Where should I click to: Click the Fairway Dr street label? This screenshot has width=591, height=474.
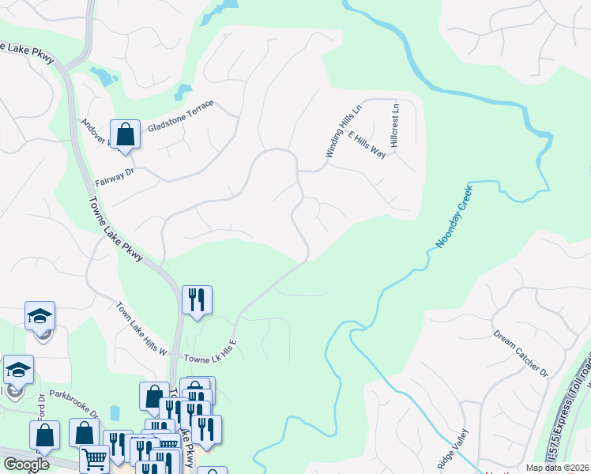[115, 176]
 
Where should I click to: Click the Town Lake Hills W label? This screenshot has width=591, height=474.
[143, 329]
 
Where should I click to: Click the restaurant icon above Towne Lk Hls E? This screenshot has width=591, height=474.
[197, 299]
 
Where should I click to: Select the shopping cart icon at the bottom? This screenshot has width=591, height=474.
[94, 458]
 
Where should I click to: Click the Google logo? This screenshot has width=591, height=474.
[25, 465]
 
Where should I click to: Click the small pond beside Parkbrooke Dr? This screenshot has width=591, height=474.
[116, 413]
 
